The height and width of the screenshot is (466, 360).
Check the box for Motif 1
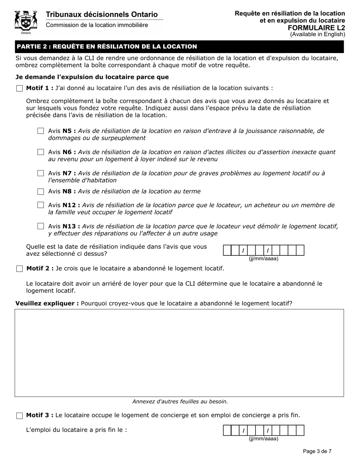coord(19,89)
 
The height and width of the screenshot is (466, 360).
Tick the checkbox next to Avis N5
coord(41,131)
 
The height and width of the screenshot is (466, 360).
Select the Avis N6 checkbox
coord(41,152)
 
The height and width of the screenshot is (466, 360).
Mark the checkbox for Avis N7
coord(41,174)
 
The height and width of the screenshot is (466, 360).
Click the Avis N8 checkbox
coord(41,192)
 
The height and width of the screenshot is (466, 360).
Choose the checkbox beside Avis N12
coord(41,205)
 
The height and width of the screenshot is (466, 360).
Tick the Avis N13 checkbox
coord(41,227)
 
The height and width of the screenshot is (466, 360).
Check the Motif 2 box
coord(19,269)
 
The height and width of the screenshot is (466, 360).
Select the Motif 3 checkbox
coord(19,416)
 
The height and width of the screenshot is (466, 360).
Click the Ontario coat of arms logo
coord(26,22)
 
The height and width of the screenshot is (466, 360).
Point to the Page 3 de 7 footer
coord(317,451)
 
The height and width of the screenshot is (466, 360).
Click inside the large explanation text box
coord(179,353)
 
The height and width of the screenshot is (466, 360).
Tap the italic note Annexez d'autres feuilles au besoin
coord(180,402)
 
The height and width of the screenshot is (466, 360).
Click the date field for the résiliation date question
coord(264,250)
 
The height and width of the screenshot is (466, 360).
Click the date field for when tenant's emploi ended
coord(264,430)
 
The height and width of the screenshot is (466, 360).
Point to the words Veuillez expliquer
coord(47,303)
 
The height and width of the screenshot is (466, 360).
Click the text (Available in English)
coord(318,34)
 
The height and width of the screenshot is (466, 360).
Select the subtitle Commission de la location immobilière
coord(97,25)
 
